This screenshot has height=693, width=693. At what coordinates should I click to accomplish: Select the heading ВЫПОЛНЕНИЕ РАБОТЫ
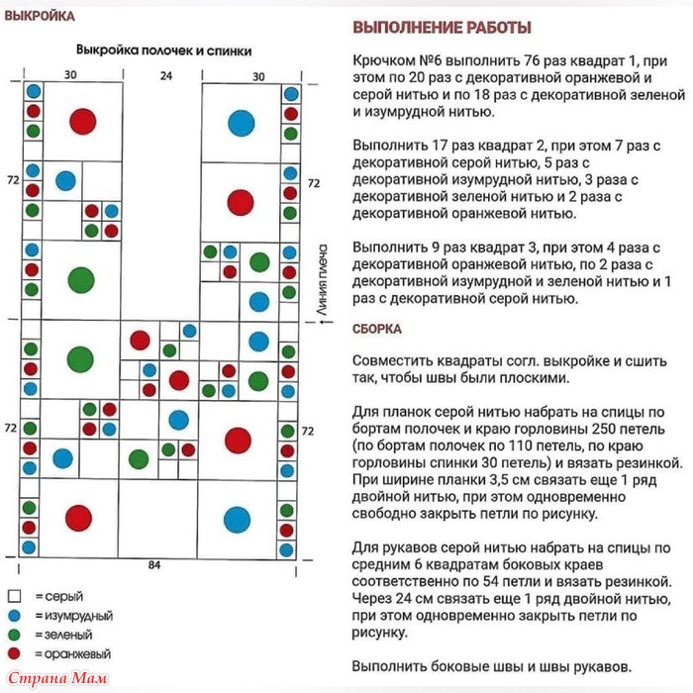pyautogui.click(x=442, y=28)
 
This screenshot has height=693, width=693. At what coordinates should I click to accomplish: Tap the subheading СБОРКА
pyautogui.click(x=377, y=329)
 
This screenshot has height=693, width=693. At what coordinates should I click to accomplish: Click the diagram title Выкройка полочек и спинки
pyautogui.click(x=163, y=49)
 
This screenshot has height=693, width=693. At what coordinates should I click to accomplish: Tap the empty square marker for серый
pyautogui.click(x=14, y=596)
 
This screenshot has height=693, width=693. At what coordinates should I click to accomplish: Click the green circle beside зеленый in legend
pyautogui.click(x=14, y=635)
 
